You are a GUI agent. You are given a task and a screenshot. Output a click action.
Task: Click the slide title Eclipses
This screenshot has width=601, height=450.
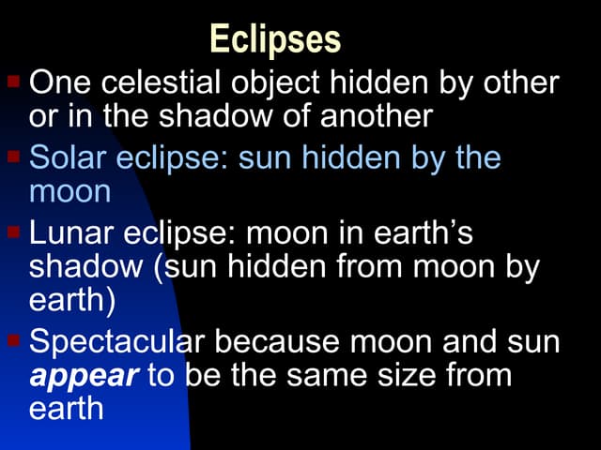275,39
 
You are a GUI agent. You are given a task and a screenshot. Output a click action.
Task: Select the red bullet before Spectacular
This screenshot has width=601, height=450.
14,337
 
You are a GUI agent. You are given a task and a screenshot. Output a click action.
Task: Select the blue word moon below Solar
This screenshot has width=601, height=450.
69,191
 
